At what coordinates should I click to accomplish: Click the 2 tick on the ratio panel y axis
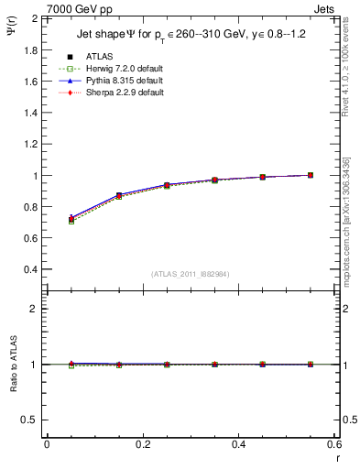click(x=35, y=309)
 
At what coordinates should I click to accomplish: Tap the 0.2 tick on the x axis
click(x=142, y=443)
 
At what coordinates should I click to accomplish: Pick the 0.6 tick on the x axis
click(x=333, y=443)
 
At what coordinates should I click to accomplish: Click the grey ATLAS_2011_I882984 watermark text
click(x=190, y=274)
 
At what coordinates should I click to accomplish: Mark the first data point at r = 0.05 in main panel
click(x=71, y=219)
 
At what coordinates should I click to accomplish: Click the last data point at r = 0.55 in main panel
click(x=311, y=175)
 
